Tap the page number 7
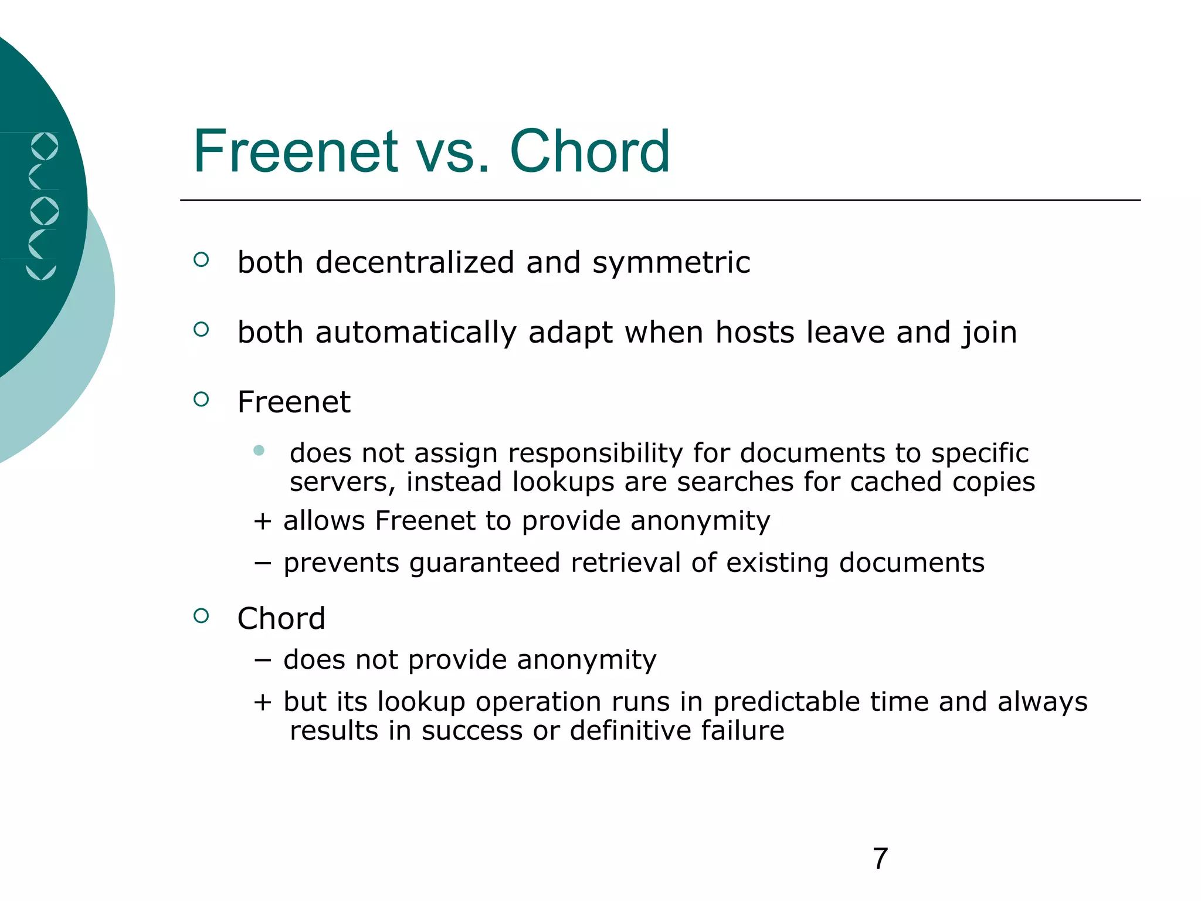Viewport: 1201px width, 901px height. (x=880, y=859)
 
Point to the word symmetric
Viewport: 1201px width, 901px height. (x=671, y=263)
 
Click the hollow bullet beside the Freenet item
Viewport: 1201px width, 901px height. (x=201, y=399)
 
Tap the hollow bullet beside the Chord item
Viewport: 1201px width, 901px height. (x=201, y=616)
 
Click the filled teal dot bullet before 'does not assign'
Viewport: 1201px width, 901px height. (x=259, y=450)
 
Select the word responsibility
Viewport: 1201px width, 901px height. (x=595, y=454)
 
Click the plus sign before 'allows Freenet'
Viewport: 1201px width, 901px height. (x=262, y=521)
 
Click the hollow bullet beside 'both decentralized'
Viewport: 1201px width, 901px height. (x=201, y=259)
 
